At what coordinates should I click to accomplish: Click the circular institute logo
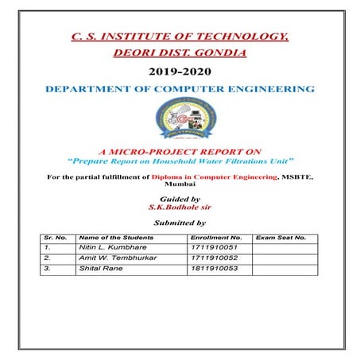[x=179, y=120]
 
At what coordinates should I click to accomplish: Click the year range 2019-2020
[x=179, y=72]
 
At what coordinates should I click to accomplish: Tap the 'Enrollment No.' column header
[x=216, y=238]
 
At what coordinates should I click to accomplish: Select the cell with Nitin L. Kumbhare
[x=110, y=248]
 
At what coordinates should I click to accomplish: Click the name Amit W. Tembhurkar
[x=113, y=258]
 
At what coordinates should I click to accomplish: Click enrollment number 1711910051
[x=213, y=248]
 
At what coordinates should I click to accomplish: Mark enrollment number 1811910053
[x=213, y=269]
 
